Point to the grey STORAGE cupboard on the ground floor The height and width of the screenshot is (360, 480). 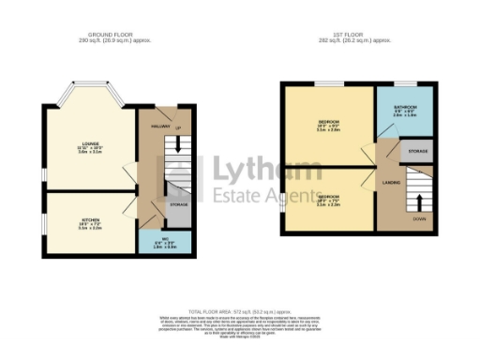coord(178,204)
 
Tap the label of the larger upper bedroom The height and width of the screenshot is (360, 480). coord(328,126)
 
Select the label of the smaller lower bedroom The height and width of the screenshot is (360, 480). coord(328,201)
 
